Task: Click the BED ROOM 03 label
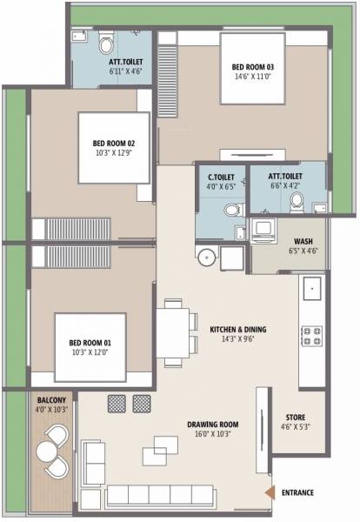[x=252, y=66]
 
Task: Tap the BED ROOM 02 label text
[x=114, y=144]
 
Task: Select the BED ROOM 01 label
[x=90, y=343]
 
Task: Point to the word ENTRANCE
[x=298, y=492]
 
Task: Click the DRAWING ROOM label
[x=212, y=425]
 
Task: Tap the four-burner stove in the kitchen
[x=310, y=336]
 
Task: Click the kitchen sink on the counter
[x=310, y=285]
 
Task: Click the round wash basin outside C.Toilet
[x=206, y=258]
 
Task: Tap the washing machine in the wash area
[x=263, y=231]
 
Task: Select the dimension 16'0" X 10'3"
[x=212, y=434]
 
